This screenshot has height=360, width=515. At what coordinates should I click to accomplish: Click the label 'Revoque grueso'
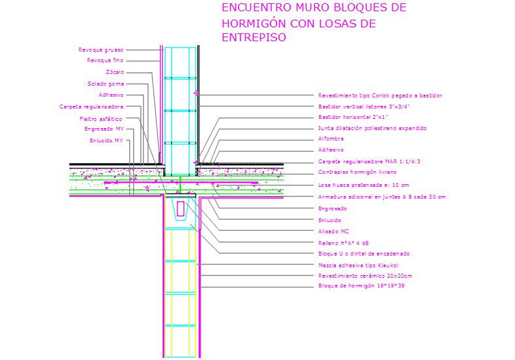click(x=101, y=50)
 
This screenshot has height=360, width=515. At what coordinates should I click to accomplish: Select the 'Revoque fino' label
click(x=105, y=61)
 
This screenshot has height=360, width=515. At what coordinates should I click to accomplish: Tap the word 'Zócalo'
click(x=114, y=72)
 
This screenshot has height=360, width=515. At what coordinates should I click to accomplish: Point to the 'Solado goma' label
click(x=105, y=84)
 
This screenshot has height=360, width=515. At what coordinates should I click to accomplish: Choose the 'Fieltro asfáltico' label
click(x=101, y=119)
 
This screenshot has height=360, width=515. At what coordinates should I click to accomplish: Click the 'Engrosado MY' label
click(x=104, y=129)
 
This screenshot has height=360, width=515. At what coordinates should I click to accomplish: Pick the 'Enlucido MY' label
click(x=106, y=140)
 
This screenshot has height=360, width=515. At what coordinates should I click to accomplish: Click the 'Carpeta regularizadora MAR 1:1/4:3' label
click(x=369, y=161)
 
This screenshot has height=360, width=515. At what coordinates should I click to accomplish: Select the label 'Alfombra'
click(x=331, y=139)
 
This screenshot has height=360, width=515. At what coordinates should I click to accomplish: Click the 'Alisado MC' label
click(x=332, y=231)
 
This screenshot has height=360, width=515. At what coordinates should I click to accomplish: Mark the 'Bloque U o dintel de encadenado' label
click(x=364, y=254)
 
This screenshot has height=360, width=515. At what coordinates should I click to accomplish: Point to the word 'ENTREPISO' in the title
click(x=254, y=38)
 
